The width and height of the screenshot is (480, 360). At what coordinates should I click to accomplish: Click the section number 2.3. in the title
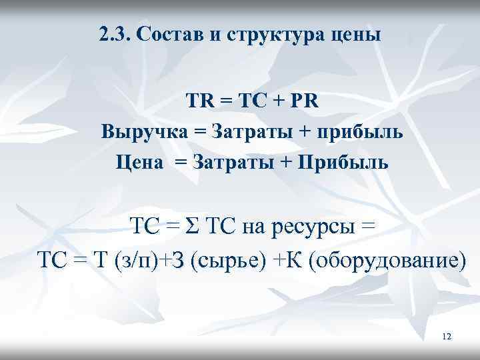[114, 35]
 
